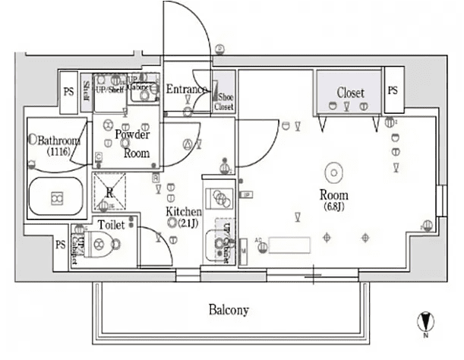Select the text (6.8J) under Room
[x=334, y=206]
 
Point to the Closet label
[x=350, y=93]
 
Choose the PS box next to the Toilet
[x=59, y=245]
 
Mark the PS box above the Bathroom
[x=68, y=90]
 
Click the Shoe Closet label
[x=224, y=103]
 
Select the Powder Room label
[x=132, y=143]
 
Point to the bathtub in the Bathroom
[x=55, y=198]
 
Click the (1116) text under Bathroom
[x=58, y=152]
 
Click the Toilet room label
[x=111, y=225]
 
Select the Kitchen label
[x=184, y=211]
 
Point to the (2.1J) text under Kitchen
[x=188, y=223]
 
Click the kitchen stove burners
[x=220, y=198]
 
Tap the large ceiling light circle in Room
[x=333, y=172]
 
